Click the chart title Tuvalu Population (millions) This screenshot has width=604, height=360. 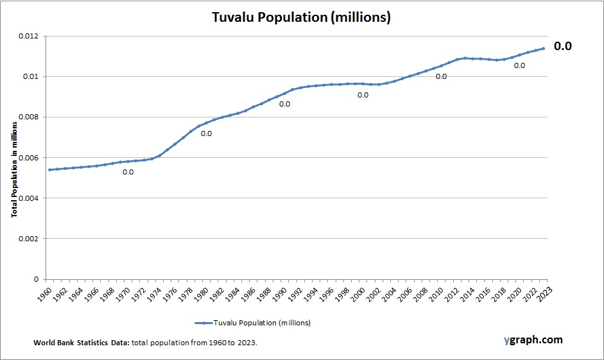pos(301,17)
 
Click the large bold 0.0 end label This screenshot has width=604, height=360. pos(563,46)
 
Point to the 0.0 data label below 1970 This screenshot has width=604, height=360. pos(128,172)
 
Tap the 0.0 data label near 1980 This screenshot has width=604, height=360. pos(206,133)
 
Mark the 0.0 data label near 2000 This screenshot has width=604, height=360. pos(363,95)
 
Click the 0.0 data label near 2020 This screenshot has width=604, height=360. pos(519,65)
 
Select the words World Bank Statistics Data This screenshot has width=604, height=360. pos(82,343)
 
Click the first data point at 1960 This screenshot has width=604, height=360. pos(49,169)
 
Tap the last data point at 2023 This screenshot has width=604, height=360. pos(544,48)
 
